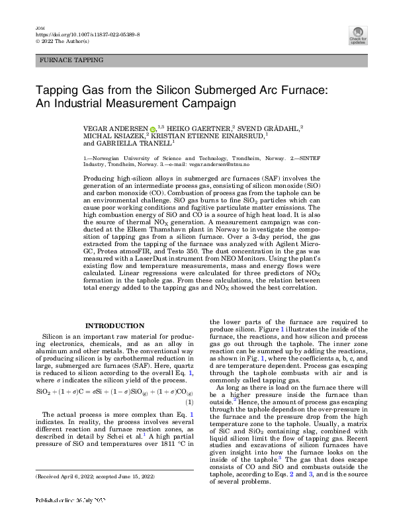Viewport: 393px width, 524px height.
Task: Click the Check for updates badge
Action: click(x=358, y=36)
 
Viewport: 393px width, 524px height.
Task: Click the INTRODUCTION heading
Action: click(x=115, y=326)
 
